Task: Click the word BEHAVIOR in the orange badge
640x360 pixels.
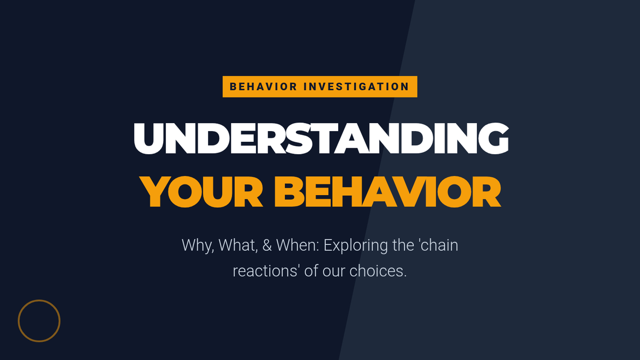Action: (263, 86)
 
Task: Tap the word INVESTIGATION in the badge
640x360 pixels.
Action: (356, 86)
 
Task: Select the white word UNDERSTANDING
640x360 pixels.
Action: (321, 139)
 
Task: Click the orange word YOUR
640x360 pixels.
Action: (201, 191)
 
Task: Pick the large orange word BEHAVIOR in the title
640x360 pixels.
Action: (388, 191)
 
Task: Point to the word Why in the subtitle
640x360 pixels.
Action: (198, 246)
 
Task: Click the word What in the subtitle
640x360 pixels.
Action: (238, 245)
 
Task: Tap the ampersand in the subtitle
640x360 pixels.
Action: (267, 245)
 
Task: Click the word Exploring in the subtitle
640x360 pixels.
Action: (356, 246)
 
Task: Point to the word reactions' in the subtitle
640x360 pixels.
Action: (266, 271)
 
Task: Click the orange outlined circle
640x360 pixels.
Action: (39, 300)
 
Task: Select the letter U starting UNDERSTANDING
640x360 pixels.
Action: (149, 139)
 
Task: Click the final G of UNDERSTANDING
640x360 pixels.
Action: (493, 139)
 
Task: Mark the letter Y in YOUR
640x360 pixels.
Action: (155, 192)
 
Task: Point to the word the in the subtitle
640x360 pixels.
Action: (403, 245)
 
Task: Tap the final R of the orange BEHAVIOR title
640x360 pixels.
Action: (486, 192)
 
